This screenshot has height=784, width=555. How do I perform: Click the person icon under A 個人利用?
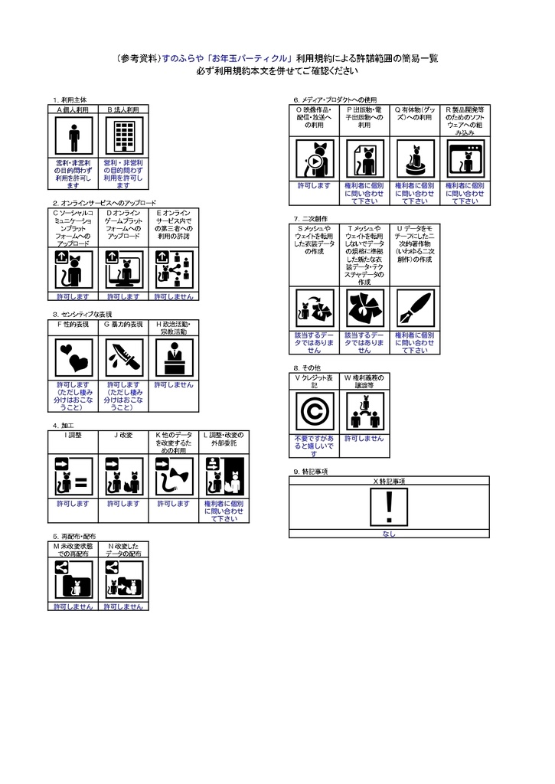click(73, 137)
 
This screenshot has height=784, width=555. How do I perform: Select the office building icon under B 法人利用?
click(123, 137)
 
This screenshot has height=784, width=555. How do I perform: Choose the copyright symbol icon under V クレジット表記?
click(315, 412)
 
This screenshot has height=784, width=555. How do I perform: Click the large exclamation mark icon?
click(389, 505)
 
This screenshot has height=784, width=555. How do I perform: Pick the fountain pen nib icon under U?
click(414, 308)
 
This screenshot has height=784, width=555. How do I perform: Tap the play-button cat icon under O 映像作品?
click(315, 159)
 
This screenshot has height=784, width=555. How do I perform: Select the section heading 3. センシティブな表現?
click(83, 314)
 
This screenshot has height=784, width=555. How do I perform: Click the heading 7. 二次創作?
click(310, 218)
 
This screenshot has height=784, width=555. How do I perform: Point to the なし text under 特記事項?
click(389, 534)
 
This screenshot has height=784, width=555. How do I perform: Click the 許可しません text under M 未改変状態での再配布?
click(73, 606)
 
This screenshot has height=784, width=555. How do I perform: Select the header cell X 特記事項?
click(389, 480)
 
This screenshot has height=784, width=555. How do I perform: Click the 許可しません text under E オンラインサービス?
click(173, 296)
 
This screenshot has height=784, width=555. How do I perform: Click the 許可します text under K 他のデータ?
click(173, 504)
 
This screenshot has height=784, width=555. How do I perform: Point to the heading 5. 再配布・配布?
click(74, 536)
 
